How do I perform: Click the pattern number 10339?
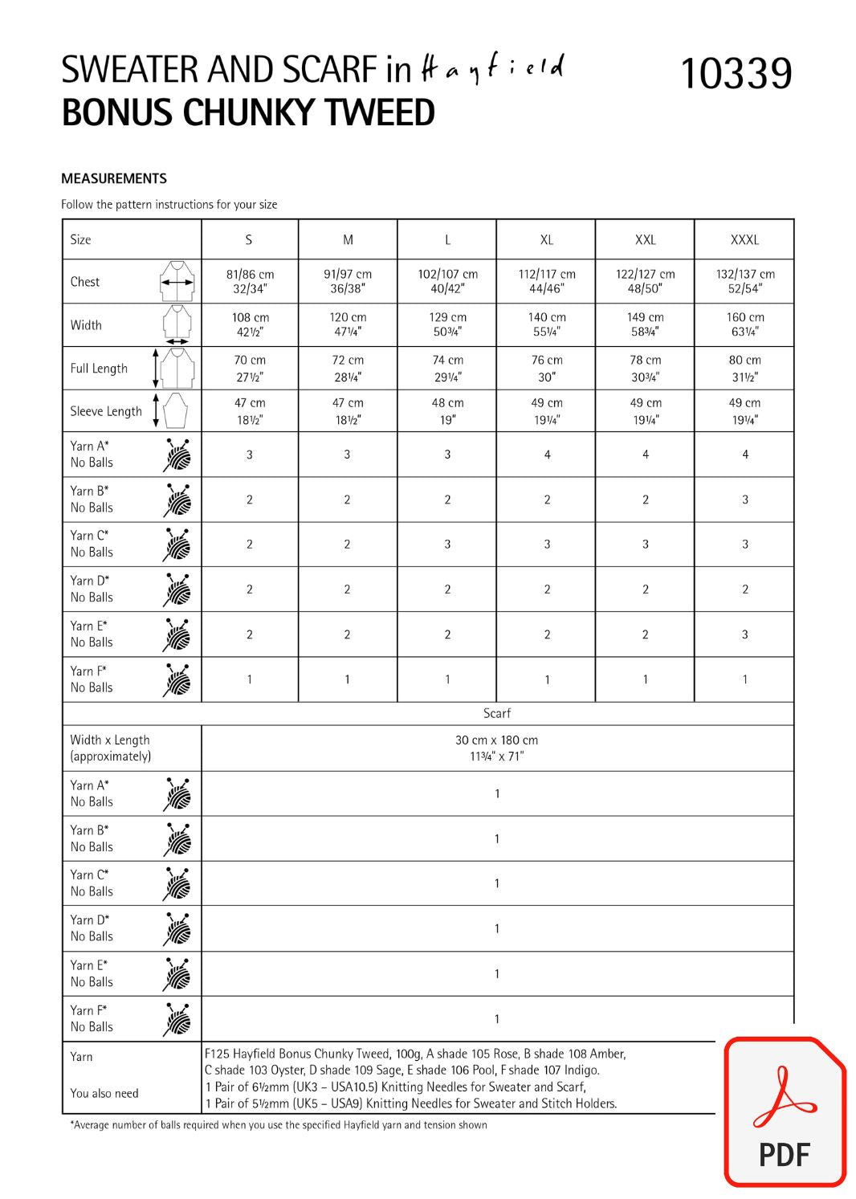click(x=736, y=74)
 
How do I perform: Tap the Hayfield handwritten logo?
click(x=492, y=70)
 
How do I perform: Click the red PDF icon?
click(x=784, y=1111)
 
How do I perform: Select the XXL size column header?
click(x=645, y=239)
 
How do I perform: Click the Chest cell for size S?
click(x=250, y=281)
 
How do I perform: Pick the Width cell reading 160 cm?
click(x=744, y=324)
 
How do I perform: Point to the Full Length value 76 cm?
click(x=547, y=368)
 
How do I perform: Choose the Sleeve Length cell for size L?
click(x=447, y=410)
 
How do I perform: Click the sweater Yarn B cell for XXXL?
click(x=744, y=500)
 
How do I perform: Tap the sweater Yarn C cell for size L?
click(x=447, y=544)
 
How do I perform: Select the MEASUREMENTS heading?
click(x=114, y=178)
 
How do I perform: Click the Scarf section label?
click(x=496, y=713)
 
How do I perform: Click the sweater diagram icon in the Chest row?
click(x=177, y=281)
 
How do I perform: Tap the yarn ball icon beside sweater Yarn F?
click(x=177, y=679)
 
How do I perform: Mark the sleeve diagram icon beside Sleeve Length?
click(x=174, y=410)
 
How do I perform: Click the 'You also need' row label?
click(x=104, y=1093)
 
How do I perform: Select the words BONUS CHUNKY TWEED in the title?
click(x=248, y=113)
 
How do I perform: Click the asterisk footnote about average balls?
click(x=279, y=1125)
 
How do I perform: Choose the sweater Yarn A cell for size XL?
click(x=547, y=455)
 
